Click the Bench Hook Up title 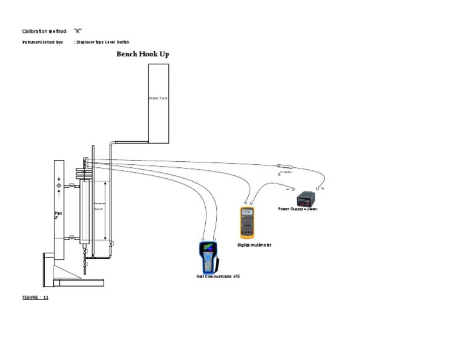point(142,54)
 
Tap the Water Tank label point(158,98)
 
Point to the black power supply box point(304,199)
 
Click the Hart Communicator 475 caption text point(218,276)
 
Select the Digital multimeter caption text point(254,245)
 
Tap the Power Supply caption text point(298,209)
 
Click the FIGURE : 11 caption point(35,298)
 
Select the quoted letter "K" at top point(77,31)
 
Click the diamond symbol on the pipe point(59,185)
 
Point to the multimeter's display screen point(246,213)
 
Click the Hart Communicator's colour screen point(208,248)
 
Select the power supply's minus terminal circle point(294,189)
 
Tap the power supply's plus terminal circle point(317,188)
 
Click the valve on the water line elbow point(111,244)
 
